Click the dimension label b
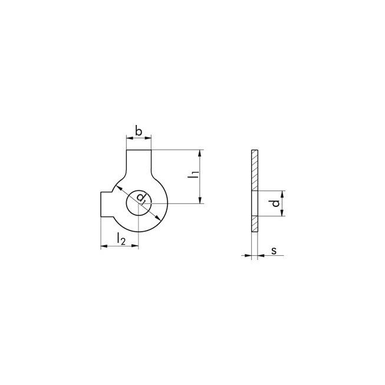tap(139, 131)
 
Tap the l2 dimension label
tap(121, 239)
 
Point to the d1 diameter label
tap(142, 198)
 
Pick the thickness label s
tap(274, 251)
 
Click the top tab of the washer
tap(139, 162)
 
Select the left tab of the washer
tap(107, 204)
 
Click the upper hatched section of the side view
tap(255, 170)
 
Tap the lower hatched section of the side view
tap(255, 223)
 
